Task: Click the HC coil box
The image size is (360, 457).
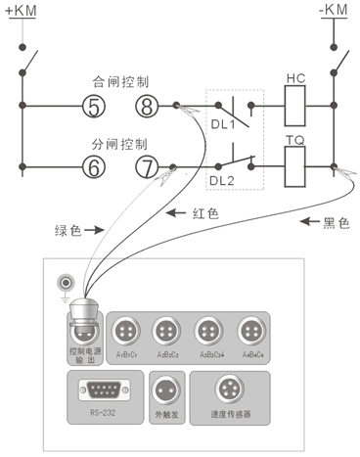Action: pos(296,102)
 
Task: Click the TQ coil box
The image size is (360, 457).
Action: pos(296,163)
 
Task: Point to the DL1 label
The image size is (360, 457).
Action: pos(223,125)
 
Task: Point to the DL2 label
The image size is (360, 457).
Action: pos(223,182)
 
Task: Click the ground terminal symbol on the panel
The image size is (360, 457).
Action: pos(66,284)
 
